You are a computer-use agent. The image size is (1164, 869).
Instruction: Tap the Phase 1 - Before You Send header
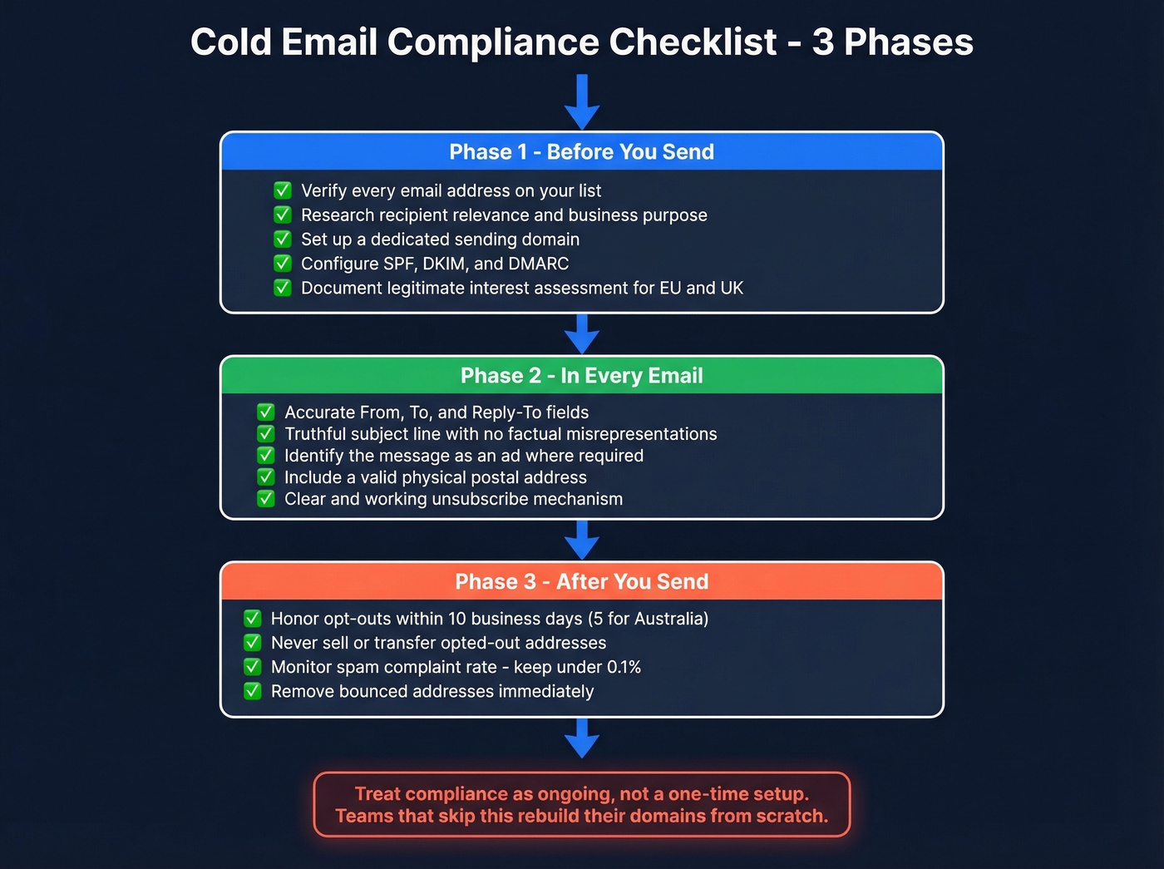coord(581,152)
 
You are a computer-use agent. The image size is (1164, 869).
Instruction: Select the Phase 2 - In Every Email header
coord(581,376)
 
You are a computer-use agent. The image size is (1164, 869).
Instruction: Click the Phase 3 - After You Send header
coord(581,582)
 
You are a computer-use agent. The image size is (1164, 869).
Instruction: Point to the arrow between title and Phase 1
coord(582,102)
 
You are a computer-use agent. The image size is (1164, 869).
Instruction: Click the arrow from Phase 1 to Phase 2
coord(582,334)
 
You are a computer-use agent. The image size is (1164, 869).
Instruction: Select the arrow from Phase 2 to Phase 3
coord(582,541)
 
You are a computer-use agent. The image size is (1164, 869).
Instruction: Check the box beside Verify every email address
coord(283,190)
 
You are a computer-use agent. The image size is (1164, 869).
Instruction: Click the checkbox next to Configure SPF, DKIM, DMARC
coord(283,264)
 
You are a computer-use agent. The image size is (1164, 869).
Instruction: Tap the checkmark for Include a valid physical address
coord(266,477)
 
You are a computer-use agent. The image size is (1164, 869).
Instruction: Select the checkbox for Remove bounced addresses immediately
coord(253,691)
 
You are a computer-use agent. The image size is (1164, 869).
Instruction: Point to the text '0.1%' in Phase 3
coord(624,667)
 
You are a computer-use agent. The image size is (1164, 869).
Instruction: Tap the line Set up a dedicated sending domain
coord(440,239)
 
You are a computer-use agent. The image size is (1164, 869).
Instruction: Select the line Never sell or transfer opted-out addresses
coord(438,643)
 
